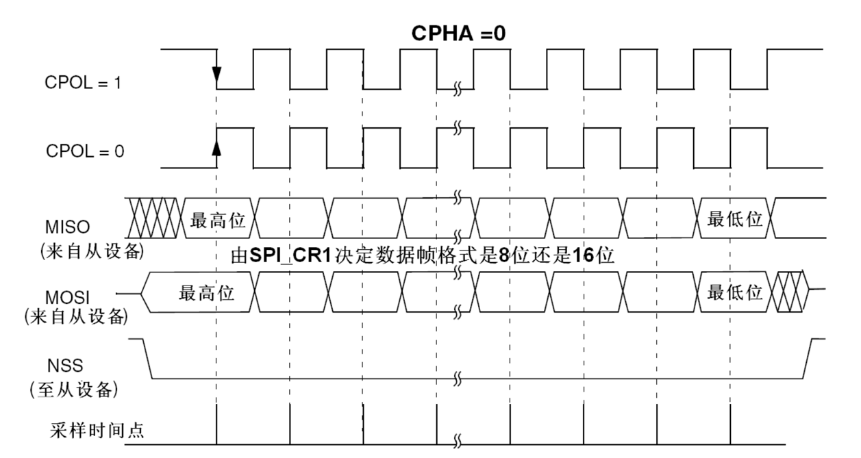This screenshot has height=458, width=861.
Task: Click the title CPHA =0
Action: point(458,34)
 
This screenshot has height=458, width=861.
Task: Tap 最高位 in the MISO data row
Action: point(217,220)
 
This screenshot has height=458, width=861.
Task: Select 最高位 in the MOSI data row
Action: point(206,293)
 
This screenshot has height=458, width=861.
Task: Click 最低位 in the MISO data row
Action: point(735,220)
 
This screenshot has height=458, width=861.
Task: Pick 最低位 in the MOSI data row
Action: point(735,293)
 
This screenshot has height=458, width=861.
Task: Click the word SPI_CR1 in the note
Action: point(282,258)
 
